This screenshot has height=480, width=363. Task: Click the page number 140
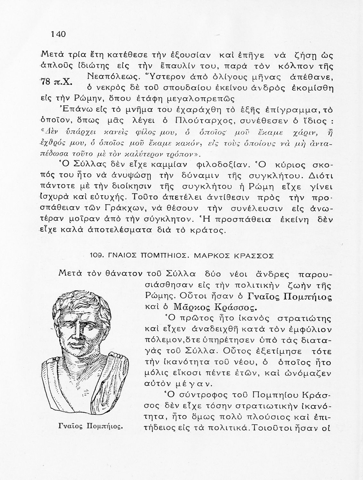tap(58, 34)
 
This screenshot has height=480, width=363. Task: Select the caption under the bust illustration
tap(91, 426)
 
